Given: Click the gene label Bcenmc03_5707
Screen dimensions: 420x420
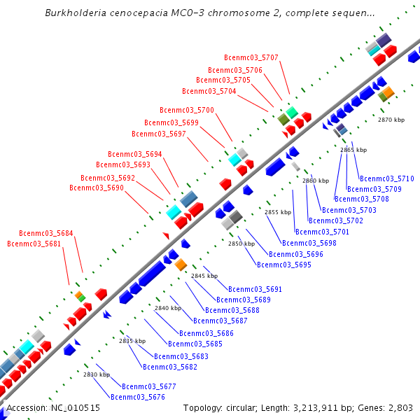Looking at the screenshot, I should [251, 57].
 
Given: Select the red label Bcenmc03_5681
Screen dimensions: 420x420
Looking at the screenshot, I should [34, 244].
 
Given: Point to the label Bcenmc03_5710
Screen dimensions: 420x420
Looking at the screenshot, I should [386, 178].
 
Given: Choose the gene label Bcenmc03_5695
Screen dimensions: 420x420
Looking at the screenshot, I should [283, 265].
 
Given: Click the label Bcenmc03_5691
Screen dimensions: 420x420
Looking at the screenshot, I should [255, 289].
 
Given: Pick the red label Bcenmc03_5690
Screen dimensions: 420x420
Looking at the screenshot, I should [96, 188].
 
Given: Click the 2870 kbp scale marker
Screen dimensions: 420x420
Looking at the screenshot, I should [391, 120].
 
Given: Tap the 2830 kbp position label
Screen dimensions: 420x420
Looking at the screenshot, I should [97, 374].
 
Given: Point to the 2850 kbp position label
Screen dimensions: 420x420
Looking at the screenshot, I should [241, 244].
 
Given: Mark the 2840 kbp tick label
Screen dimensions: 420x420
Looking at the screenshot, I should [168, 308].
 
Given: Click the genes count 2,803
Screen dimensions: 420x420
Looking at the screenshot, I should [398, 407].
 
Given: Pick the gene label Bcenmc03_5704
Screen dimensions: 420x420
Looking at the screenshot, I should [209, 91].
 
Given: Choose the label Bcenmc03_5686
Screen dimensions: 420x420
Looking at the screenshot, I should [206, 333].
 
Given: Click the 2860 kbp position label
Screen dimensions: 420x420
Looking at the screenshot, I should [316, 181].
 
